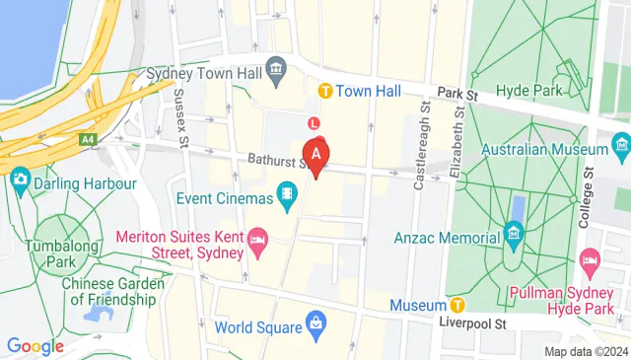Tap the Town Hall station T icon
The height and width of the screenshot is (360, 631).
(325, 91)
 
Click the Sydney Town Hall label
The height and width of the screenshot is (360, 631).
(204, 74)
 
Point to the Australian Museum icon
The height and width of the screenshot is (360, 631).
(621, 150)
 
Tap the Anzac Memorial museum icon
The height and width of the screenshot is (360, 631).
(512, 235)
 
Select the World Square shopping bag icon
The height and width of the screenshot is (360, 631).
(315, 324)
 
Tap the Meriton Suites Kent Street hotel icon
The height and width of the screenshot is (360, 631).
(256, 240)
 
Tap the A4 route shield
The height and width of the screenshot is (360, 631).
(89, 140)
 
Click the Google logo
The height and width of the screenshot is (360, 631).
(35, 345)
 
